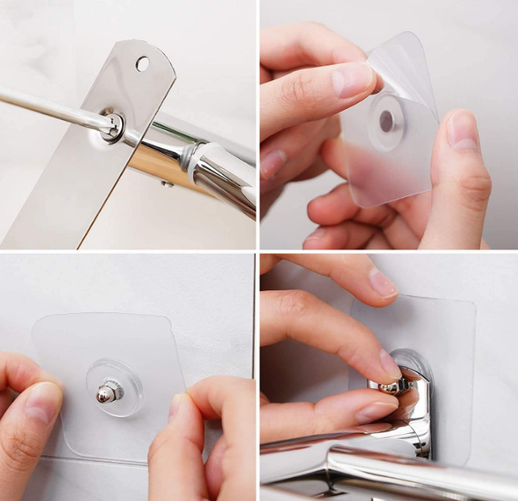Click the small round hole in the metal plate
point(143,63)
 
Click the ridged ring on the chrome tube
point(188,157)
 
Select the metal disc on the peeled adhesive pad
point(386,120)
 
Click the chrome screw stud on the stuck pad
point(107,392)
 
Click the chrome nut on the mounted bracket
point(393,385)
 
